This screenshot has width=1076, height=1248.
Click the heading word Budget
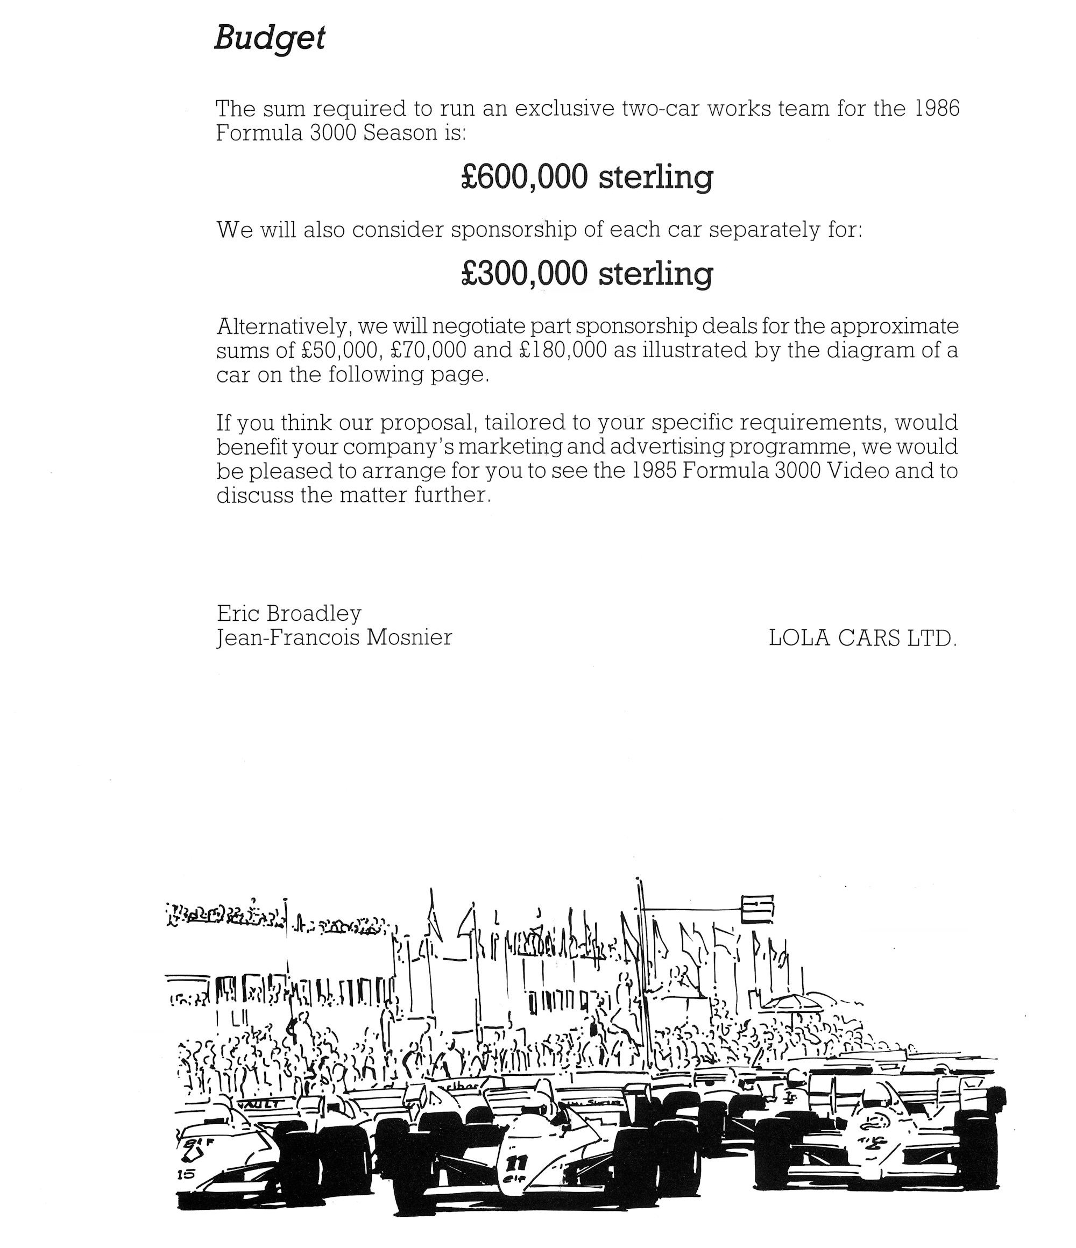(270, 39)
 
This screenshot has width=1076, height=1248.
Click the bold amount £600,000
(523, 177)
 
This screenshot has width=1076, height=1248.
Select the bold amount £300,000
(523, 273)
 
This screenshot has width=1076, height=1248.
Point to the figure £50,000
(339, 351)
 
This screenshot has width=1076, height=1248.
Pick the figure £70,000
(427, 351)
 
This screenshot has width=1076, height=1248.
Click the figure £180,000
(563, 351)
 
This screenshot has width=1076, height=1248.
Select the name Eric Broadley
(289, 613)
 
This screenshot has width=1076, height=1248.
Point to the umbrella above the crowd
(791, 1002)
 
